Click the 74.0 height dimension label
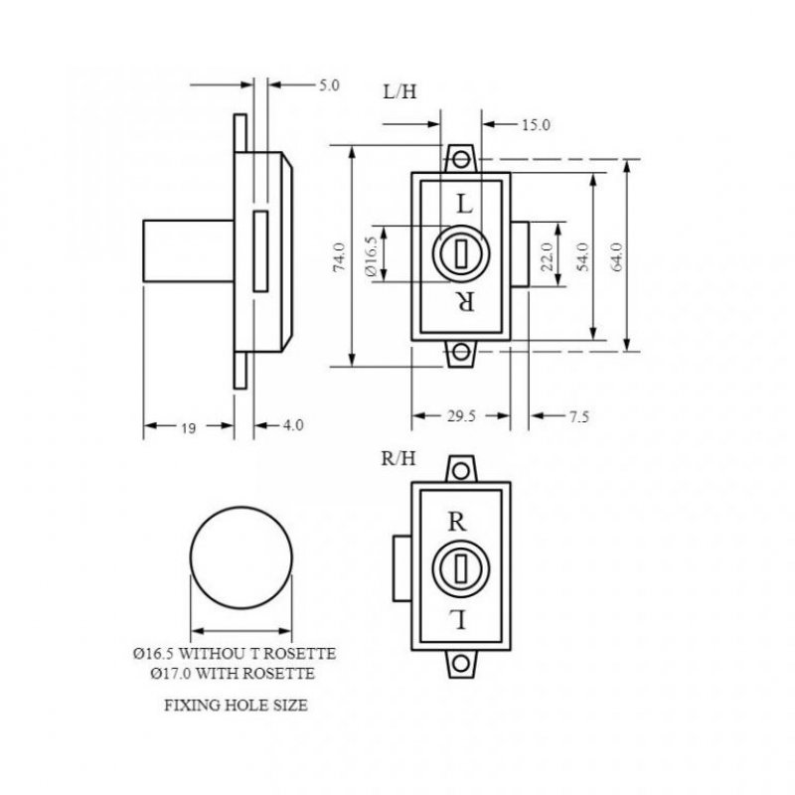click(339, 256)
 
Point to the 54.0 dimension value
click(584, 256)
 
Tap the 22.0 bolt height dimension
click(546, 256)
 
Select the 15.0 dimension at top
click(536, 124)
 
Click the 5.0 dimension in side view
click(329, 85)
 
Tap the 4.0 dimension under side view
click(292, 426)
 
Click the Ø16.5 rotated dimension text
click(372, 256)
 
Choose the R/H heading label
click(398, 458)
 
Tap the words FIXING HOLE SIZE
click(236, 708)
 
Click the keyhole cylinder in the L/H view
click(460, 254)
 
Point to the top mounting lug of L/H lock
click(460, 159)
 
